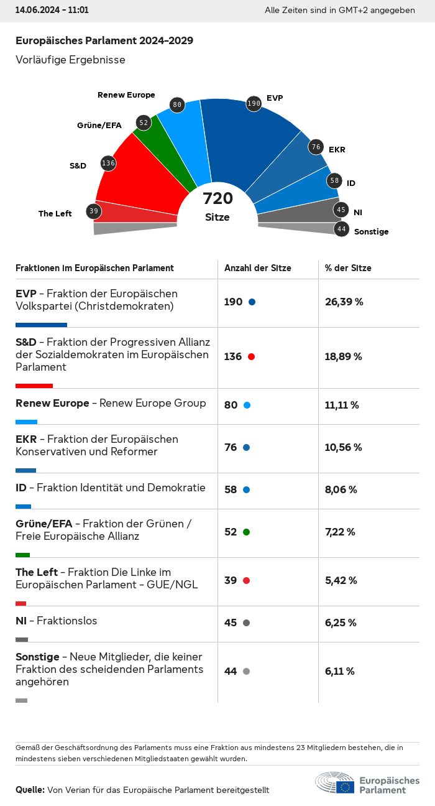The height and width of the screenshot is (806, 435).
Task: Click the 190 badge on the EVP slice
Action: (254, 103)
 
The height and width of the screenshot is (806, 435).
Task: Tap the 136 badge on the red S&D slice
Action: (108, 164)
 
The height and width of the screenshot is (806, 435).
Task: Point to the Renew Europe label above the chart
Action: (126, 95)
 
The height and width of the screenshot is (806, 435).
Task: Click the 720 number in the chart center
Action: (218, 198)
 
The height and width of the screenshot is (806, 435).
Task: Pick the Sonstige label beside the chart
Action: (371, 231)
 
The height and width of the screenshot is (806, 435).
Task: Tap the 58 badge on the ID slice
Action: (335, 180)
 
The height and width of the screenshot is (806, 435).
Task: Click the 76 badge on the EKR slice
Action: (316, 147)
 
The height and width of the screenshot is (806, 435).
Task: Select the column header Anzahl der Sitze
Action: (258, 268)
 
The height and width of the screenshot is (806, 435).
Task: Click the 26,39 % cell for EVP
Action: (344, 302)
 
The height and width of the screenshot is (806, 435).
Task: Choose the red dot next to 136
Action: (251, 356)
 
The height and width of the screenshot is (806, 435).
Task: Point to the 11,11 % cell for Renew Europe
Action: (342, 405)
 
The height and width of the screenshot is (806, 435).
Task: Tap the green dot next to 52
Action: (247, 532)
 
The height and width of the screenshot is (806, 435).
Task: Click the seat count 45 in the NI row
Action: (231, 623)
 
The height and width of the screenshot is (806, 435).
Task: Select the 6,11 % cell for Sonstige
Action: (340, 671)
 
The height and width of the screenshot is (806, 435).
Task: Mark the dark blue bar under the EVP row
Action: (41, 325)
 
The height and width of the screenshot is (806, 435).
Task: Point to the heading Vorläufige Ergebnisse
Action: (70, 60)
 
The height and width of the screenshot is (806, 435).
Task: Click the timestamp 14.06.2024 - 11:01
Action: (52, 11)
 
